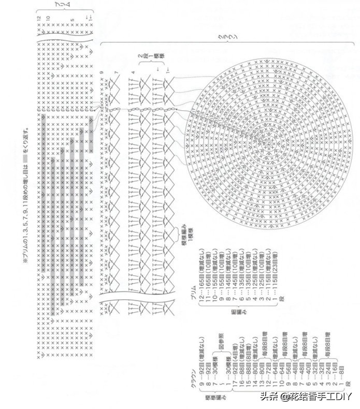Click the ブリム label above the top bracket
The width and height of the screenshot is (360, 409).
coord(65,5)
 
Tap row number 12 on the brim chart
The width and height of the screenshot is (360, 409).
coord(38,18)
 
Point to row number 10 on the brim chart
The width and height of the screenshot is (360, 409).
coord(48,18)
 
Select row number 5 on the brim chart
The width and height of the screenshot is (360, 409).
coord(73,19)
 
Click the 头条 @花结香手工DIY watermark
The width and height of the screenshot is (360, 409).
coord(305,396)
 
